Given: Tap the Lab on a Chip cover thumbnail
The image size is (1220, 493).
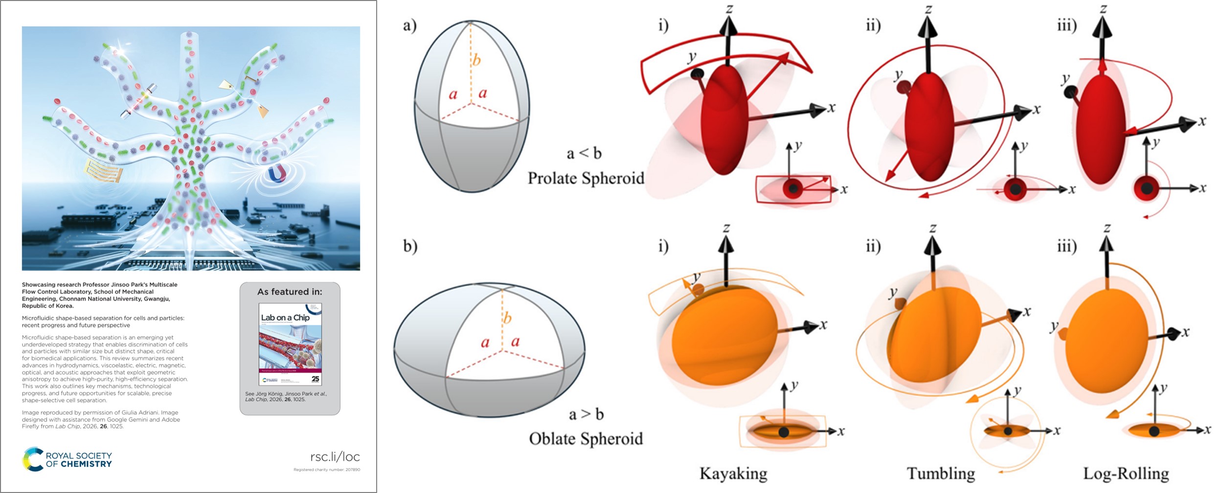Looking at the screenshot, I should point(290,344).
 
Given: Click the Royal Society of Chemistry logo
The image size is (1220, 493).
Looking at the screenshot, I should point(68,459).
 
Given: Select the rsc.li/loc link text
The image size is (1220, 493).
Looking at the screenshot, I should point(335,457).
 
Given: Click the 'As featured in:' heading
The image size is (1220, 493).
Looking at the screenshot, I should point(290,292).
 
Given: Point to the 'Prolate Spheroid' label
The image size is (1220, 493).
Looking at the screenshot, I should point(586,178).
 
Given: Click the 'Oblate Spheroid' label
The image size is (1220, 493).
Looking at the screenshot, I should point(586,439).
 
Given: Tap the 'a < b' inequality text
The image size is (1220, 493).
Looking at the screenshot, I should point(584,154).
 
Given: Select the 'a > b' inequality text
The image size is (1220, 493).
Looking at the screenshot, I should point(586,415).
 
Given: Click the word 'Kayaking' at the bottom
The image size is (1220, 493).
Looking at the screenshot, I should point(733,473).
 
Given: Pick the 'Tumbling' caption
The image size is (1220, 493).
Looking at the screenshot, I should point(940,473).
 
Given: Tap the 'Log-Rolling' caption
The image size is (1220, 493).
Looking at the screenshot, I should point(1126,473).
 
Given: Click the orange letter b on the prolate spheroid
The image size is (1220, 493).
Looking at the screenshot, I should point(476,60).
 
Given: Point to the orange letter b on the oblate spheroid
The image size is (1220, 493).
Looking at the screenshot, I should point(507,318).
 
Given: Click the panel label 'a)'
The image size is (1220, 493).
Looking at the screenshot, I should point(410,25).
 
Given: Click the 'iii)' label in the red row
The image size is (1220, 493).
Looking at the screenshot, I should point(1066,25).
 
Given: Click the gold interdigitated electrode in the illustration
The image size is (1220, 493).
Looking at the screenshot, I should point(102,170).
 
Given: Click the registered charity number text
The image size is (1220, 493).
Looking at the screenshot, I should point(326,470).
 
